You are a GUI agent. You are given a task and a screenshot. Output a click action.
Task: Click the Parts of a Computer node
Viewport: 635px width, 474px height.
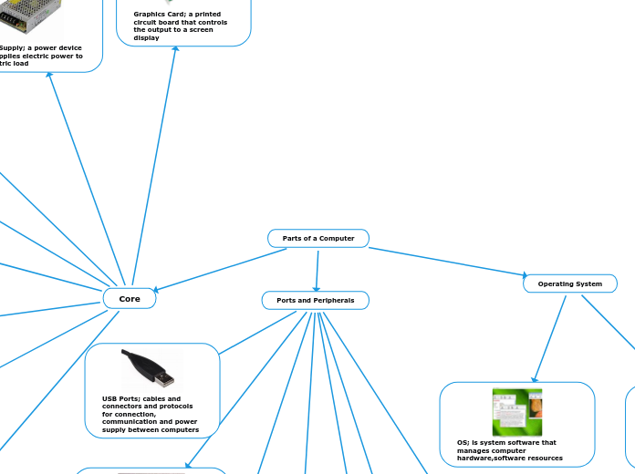point(317,239)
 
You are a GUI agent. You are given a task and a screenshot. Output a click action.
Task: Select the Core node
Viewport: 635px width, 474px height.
point(130,299)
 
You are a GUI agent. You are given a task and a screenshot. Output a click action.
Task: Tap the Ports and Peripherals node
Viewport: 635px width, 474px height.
point(315,300)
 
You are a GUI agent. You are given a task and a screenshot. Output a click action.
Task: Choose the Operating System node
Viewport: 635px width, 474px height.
point(569,283)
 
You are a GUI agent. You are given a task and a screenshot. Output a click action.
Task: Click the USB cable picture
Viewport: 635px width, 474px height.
point(150,368)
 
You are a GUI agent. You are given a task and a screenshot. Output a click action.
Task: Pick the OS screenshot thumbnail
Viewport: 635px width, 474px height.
point(516,412)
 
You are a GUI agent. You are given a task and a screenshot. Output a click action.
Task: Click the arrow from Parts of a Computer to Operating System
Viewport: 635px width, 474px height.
point(447,261)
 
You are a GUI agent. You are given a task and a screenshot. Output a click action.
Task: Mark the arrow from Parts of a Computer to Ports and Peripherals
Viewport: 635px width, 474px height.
point(317,270)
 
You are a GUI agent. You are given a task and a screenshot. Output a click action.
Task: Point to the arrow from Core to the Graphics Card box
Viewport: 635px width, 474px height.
point(154,164)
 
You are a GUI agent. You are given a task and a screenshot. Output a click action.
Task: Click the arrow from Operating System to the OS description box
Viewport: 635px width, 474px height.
point(548,338)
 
